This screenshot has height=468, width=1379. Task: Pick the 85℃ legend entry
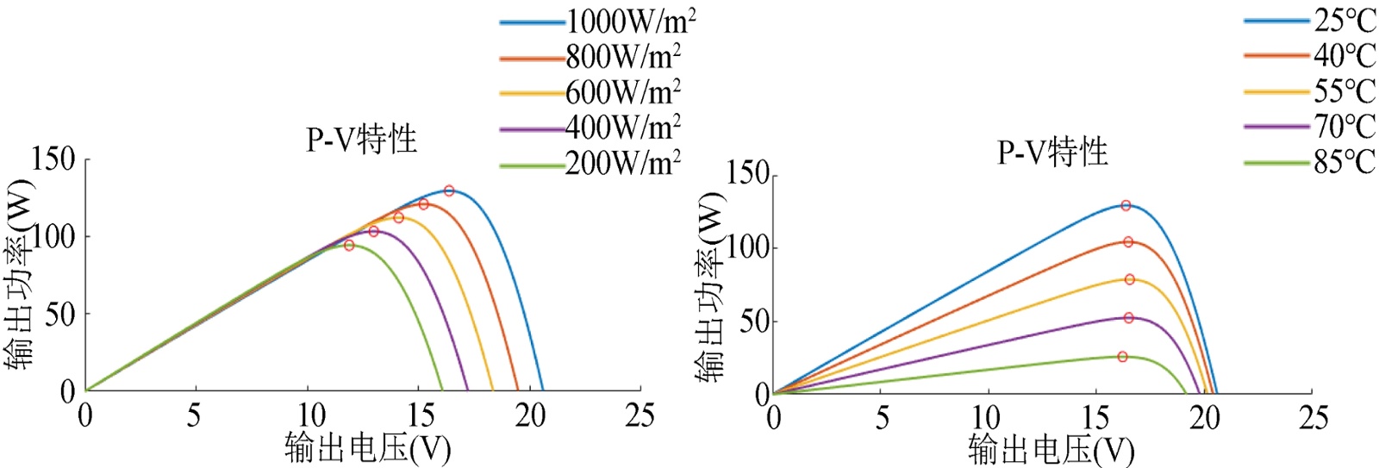(1344, 162)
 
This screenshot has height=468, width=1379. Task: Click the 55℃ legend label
(1344, 91)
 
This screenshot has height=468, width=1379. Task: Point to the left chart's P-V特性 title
(361, 140)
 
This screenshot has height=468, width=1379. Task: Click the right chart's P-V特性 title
(1051, 153)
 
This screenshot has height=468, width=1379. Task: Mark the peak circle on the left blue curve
(449, 190)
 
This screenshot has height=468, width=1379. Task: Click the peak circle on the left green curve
(349, 246)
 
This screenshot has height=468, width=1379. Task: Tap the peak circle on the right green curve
(1122, 357)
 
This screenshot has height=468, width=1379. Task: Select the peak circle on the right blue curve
(1126, 206)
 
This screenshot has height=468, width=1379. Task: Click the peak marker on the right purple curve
(1128, 318)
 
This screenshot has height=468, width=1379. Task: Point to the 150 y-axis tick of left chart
(53, 159)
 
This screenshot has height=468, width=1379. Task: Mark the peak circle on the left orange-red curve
(423, 204)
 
